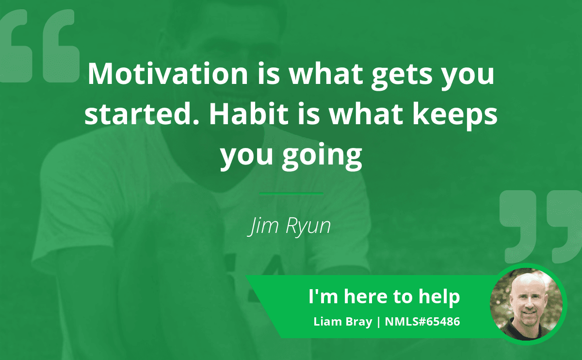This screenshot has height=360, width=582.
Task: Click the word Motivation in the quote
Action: [168, 74]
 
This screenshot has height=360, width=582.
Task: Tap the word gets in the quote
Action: [402, 76]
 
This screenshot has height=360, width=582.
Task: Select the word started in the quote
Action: [141, 114]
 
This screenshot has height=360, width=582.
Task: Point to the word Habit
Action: [249, 114]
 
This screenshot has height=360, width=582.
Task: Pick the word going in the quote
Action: [322, 156]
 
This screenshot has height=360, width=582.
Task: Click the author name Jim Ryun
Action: [289, 226]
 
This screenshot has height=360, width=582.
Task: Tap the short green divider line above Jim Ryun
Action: [291, 194]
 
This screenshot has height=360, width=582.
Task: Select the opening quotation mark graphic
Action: [39, 46]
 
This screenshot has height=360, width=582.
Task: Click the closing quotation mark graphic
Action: [541, 227]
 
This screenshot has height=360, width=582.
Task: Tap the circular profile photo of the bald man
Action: [526, 304]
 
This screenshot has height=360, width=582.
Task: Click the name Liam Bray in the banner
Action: [343, 322]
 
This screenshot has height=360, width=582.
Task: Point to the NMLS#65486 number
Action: [422, 322]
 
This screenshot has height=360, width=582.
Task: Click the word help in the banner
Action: [439, 297]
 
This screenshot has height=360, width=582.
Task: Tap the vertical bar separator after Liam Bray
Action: [378, 322]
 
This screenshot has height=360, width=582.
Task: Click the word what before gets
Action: [326, 74]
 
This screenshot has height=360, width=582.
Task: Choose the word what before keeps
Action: [366, 114]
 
